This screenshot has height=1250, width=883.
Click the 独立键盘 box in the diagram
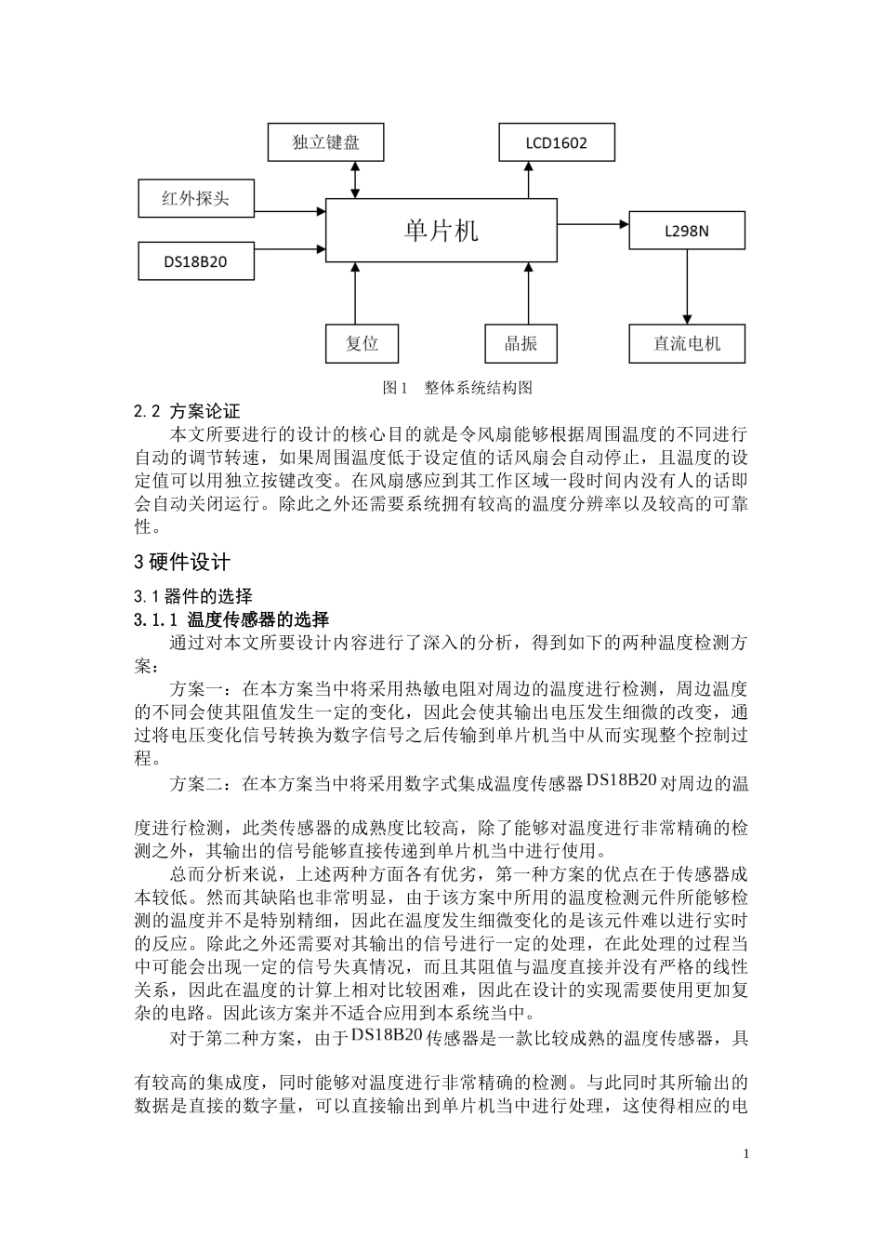click(x=325, y=142)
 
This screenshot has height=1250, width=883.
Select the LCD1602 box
click(x=556, y=142)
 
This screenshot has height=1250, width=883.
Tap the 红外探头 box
click(x=195, y=198)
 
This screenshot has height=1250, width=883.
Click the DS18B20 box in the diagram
click(x=195, y=261)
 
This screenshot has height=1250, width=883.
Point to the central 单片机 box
click(x=441, y=230)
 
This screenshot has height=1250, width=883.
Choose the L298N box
click(x=686, y=230)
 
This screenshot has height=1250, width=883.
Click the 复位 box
click(x=362, y=343)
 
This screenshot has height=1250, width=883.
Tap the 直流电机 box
click(x=687, y=343)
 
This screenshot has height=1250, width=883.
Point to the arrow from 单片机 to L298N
click(x=594, y=224)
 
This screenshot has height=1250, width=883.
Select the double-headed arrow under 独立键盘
click(x=355, y=180)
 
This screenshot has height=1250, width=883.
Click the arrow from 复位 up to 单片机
click(x=355, y=293)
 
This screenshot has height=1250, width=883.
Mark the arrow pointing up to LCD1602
click(x=529, y=180)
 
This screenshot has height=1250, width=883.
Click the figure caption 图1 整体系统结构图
click(x=457, y=388)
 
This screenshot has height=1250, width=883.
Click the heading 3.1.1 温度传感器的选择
click(x=231, y=619)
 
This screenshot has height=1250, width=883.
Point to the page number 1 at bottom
click(x=746, y=1153)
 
